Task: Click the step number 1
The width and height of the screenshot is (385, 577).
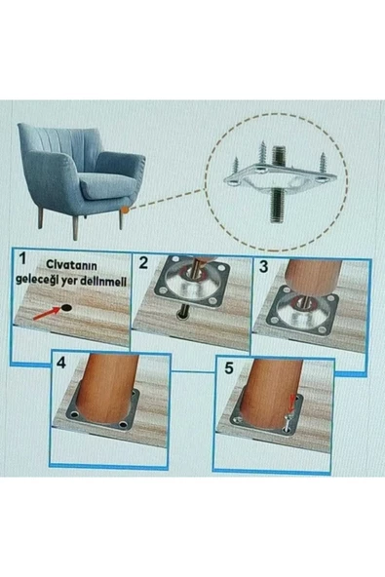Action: click(22, 258)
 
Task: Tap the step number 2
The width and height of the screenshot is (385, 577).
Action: click(143, 263)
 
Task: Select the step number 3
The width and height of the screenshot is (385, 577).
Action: click(263, 267)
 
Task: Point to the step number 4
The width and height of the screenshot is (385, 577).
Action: click(61, 363)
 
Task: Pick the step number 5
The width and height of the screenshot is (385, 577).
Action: click(229, 368)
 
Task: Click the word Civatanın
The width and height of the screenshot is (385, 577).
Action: click(71, 265)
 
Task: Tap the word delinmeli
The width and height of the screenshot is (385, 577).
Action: click(107, 282)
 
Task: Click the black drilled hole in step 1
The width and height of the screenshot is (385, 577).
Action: click(66, 308)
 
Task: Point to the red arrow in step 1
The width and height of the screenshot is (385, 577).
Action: click(46, 314)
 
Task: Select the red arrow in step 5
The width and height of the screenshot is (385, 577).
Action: click(292, 404)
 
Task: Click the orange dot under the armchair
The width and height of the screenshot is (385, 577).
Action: click(125, 211)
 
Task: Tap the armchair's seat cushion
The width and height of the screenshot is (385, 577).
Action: click(107, 185)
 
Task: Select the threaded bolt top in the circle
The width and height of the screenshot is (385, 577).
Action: click(279, 157)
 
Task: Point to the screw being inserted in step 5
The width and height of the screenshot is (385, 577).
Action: click(288, 420)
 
